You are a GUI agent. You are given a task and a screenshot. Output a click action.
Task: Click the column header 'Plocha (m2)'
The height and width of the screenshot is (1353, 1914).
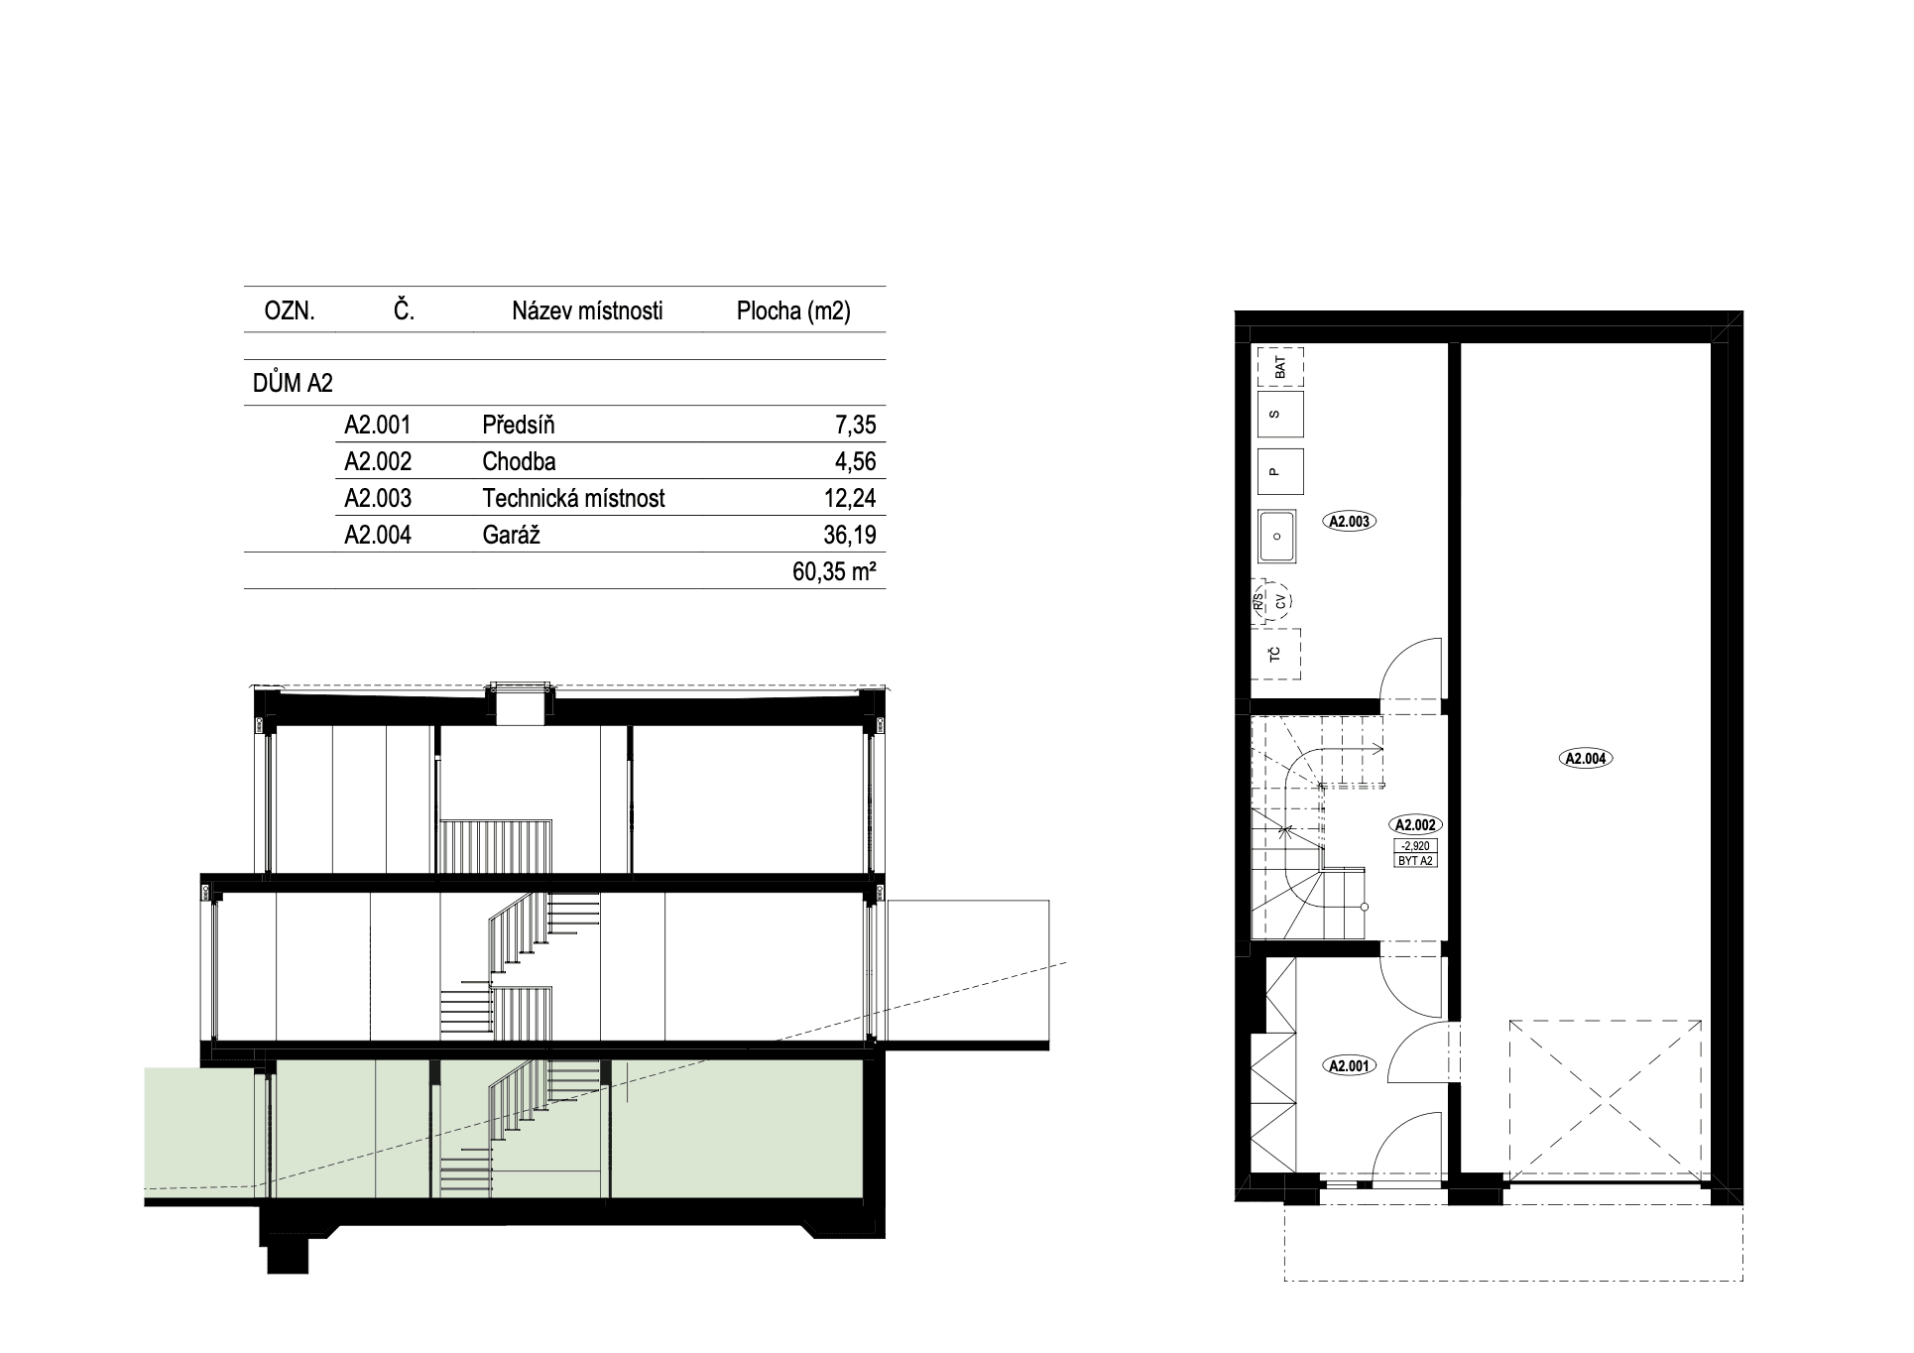pyautogui.click(x=793, y=311)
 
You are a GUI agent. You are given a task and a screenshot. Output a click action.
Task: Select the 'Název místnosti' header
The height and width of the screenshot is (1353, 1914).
pyautogui.click(x=587, y=311)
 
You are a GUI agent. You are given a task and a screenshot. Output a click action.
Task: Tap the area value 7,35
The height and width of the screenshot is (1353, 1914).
pyautogui.click(x=855, y=426)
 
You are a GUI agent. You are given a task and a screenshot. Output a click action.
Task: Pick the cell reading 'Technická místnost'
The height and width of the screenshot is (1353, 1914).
pyautogui.click(x=573, y=498)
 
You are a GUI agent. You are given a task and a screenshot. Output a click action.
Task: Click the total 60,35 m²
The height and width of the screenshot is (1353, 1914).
pyautogui.click(x=835, y=572)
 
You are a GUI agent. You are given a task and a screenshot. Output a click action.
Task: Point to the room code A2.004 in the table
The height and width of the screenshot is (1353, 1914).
pyautogui.click(x=378, y=536)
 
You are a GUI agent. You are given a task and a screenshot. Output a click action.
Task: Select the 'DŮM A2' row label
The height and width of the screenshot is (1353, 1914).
pyautogui.click(x=293, y=384)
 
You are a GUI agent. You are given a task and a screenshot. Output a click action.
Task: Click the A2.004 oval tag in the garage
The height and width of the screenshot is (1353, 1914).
pyautogui.click(x=1587, y=759)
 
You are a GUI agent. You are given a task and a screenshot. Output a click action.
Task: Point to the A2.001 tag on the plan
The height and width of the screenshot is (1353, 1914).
pyautogui.click(x=1349, y=1066)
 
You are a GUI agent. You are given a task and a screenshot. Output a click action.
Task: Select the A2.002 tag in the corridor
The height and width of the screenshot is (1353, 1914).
pyautogui.click(x=1415, y=824)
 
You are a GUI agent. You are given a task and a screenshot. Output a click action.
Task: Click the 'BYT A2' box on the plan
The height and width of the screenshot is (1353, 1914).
pyautogui.click(x=1415, y=860)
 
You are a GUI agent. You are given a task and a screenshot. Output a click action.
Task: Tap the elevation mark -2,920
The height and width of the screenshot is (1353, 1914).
pyautogui.click(x=1415, y=846)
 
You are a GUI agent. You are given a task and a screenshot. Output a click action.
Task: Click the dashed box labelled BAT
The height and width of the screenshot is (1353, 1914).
pyautogui.click(x=1279, y=366)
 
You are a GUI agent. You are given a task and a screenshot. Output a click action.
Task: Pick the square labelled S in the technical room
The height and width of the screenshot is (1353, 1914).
pyautogui.click(x=1279, y=415)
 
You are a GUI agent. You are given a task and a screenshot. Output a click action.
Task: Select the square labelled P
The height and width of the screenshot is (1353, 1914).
pyautogui.click(x=1279, y=471)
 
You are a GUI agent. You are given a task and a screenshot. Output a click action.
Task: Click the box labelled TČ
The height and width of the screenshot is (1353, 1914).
pyautogui.click(x=1277, y=654)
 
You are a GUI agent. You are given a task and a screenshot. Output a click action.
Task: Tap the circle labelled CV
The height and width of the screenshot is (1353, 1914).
pyautogui.click(x=1281, y=601)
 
